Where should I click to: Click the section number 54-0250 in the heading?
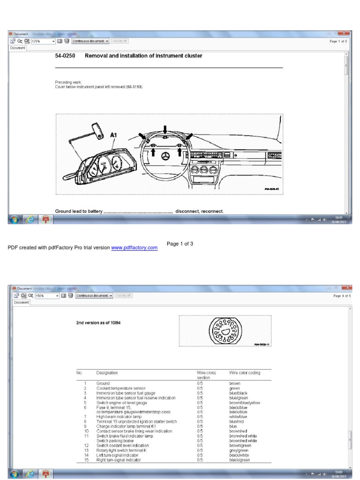pos(65,56)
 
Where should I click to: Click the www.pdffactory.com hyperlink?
pos(135,247)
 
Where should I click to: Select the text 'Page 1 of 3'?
pos(180,244)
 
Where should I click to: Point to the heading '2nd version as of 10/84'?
pos(98,323)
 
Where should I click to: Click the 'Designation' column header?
pos(107,373)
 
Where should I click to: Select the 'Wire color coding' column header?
pos(244,373)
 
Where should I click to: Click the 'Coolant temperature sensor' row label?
pos(121,388)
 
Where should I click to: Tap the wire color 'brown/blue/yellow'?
pos(244,402)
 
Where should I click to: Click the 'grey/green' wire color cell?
pos(239,450)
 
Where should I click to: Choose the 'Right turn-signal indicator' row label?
pos(119,460)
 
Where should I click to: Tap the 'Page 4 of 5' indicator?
pos(342,296)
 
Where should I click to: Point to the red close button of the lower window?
pos(346,288)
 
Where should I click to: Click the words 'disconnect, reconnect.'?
pos(200,211)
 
